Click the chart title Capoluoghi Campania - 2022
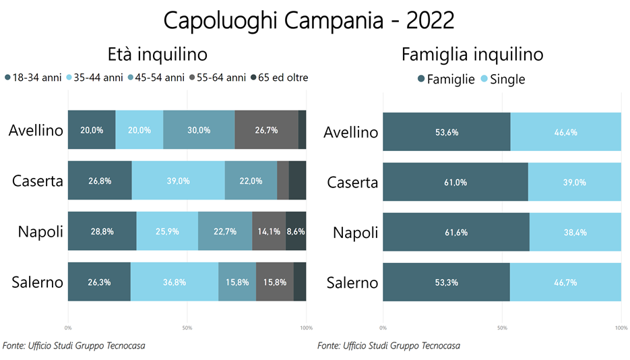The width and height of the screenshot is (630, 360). (x=309, y=20)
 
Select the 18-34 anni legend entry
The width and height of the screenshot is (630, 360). (x=33, y=78)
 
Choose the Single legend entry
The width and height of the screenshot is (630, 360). (x=502, y=79)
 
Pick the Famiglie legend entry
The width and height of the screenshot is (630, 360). (x=445, y=79)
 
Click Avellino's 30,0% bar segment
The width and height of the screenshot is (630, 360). (x=199, y=130)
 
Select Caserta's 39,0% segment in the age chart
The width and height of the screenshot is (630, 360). (x=178, y=181)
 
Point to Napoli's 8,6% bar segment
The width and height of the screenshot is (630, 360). (x=296, y=231)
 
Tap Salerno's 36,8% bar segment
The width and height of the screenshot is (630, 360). (x=174, y=282)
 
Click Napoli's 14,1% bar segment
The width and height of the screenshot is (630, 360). (x=269, y=231)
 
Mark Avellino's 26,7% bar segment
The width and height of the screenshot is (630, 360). (x=266, y=130)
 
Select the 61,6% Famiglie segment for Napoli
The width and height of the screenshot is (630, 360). (x=456, y=233)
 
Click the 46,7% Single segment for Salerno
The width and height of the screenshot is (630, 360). (x=565, y=282)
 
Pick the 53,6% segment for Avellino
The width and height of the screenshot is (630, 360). (x=447, y=132)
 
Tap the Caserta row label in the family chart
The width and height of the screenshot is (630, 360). (x=352, y=183)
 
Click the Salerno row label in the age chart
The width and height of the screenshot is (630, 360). (x=36, y=282)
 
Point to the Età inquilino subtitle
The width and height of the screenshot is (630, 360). (x=157, y=54)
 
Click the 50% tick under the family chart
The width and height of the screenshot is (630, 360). (x=502, y=328)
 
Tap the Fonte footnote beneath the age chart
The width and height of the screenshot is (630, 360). (x=73, y=346)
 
